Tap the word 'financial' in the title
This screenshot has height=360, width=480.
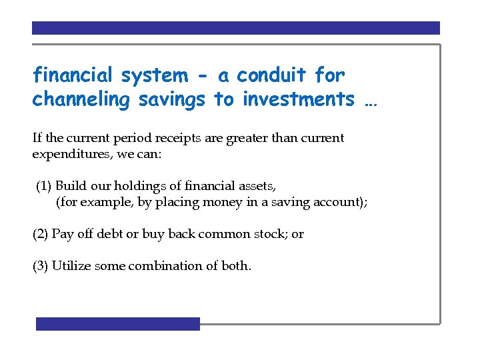click(x=73, y=75)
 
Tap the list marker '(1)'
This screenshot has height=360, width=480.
click(x=44, y=186)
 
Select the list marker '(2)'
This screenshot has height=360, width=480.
click(x=41, y=234)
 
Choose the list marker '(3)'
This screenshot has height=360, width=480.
click(x=41, y=265)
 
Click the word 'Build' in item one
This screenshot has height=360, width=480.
click(x=70, y=186)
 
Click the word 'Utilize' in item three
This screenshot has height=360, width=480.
click(x=71, y=265)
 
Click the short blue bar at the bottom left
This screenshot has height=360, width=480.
click(x=118, y=324)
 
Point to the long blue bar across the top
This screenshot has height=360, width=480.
click(x=236, y=28)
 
